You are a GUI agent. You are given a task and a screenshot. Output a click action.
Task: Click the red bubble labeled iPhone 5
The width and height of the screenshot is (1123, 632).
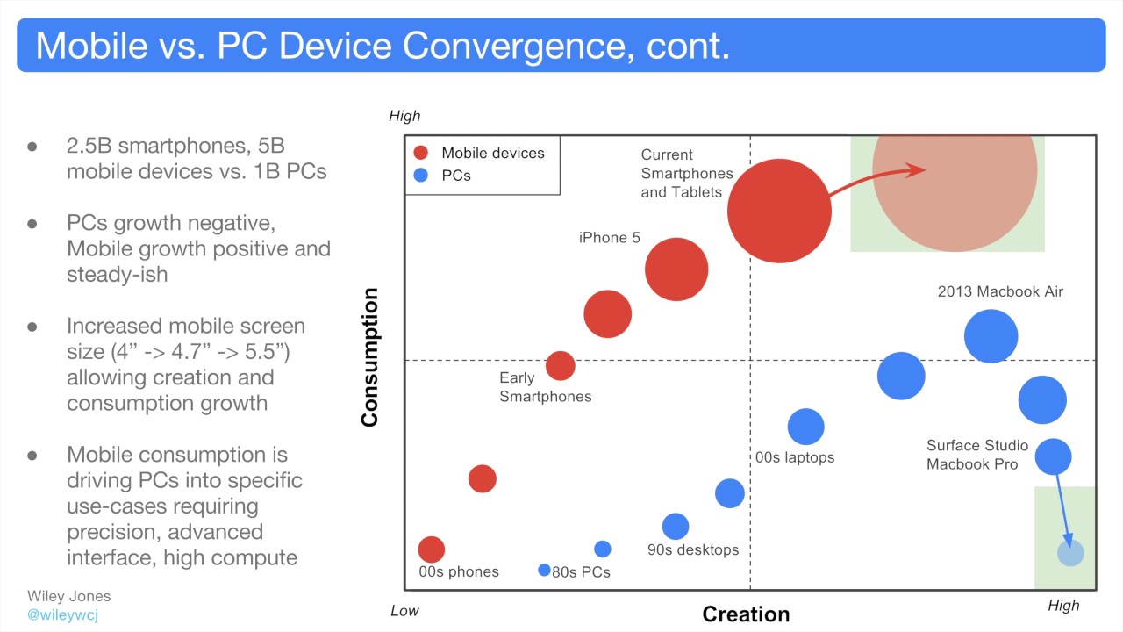676,269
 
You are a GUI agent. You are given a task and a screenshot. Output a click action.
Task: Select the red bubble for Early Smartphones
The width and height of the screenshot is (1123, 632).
561,365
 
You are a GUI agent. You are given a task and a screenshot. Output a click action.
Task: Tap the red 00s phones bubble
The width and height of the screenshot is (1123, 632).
431,549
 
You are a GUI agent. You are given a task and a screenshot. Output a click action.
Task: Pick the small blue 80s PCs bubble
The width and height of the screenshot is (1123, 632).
544,571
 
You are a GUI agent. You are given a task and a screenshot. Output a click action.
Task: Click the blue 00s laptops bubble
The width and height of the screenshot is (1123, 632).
805,427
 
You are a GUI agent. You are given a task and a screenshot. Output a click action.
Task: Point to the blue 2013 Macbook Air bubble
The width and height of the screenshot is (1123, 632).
991,336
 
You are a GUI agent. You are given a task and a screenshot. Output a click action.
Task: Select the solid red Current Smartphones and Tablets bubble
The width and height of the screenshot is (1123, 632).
779,211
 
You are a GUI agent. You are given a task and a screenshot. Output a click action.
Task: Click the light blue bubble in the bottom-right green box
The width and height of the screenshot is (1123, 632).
1070,553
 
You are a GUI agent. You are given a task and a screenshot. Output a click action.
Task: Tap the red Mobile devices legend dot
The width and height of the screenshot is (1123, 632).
421,153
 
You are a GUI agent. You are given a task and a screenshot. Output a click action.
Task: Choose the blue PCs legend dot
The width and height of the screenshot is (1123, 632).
421,176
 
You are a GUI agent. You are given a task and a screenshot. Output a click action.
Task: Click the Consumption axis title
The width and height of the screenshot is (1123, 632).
369,357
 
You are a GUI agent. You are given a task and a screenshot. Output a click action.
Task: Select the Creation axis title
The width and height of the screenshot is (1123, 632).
746,614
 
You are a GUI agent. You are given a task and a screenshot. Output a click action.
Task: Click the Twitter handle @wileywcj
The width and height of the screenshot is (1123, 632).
62,614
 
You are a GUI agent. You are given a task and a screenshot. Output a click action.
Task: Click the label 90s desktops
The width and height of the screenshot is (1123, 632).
693,550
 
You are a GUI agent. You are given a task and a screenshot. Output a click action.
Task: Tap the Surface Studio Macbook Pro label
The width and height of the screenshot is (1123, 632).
977,455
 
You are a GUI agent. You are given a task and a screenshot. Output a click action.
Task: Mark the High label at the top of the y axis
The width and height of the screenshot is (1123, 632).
404,116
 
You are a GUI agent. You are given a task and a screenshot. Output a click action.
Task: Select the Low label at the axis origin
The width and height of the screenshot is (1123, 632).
404,611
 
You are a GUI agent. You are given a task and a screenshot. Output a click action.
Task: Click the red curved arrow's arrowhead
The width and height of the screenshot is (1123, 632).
918,169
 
